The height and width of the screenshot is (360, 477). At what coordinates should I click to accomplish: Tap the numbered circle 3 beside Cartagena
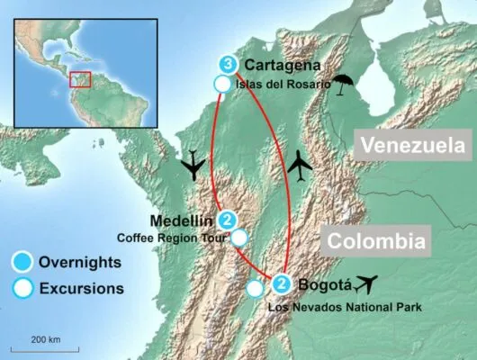pyautogui.click(x=229, y=65)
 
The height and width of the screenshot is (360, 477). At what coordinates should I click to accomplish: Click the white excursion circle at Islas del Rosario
pyautogui.click(x=222, y=84)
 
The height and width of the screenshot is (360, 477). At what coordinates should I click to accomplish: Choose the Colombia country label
pyautogui.click(x=374, y=241)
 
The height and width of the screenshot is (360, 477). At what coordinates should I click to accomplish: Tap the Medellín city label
pyautogui.click(x=183, y=220)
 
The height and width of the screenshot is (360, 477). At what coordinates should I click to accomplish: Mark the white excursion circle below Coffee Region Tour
pyautogui.click(x=239, y=238)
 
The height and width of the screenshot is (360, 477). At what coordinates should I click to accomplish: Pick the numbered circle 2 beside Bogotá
pyautogui.click(x=282, y=286)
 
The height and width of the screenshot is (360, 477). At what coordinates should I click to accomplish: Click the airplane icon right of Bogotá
pyautogui.click(x=367, y=284)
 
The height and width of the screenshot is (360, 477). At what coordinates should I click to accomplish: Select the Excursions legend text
pyautogui.click(x=81, y=289)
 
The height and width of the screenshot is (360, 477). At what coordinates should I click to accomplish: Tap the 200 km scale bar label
pyautogui.click(x=45, y=339)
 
